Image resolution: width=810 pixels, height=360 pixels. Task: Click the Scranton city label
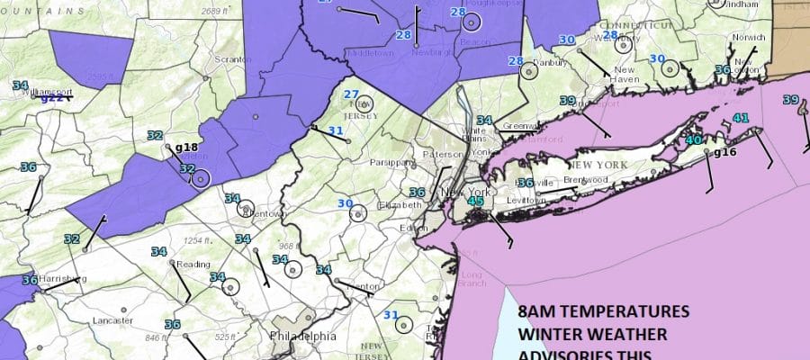coord(231,59)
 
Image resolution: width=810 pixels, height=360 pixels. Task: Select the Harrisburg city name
coord(64,279)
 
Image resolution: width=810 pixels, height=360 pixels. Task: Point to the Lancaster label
coord(112,320)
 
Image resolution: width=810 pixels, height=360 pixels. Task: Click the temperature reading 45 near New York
coord(477,202)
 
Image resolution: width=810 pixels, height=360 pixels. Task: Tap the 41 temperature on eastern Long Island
coord(741,118)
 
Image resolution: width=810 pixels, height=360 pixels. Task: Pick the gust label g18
coord(186,147)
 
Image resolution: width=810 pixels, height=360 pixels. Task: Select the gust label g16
coord(725,153)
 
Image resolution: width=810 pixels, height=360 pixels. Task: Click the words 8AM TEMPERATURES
coord(605,313)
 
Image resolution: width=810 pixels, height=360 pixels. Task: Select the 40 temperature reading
coord(693,139)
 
